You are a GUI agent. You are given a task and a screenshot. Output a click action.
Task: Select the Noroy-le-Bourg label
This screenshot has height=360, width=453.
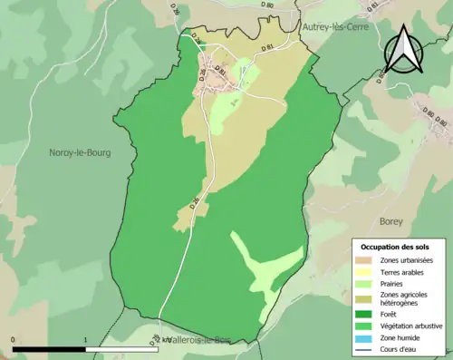(80, 153)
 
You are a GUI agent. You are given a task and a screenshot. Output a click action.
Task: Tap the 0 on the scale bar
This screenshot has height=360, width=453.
(14, 340)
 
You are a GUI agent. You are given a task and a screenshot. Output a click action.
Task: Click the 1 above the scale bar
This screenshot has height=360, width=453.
(85, 340)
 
